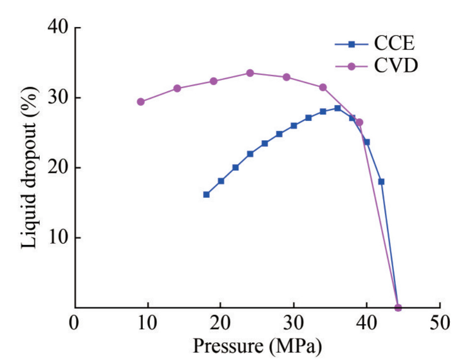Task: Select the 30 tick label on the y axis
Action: click(x=58, y=98)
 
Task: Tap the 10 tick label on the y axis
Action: click(x=58, y=238)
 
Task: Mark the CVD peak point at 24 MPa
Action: click(x=250, y=73)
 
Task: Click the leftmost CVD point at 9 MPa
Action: click(x=140, y=102)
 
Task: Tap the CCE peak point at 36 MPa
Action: click(x=337, y=108)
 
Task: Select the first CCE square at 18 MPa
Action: click(x=206, y=194)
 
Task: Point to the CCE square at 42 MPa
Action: click(x=381, y=182)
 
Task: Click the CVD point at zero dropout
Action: click(x=398, y=307)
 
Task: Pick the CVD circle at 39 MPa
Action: click(x=359, y=122)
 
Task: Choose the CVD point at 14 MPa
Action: click(x=177, y=88)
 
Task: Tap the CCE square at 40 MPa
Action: click(x=366, y=142)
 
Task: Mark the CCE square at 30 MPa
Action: click(x=294, y=126)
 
